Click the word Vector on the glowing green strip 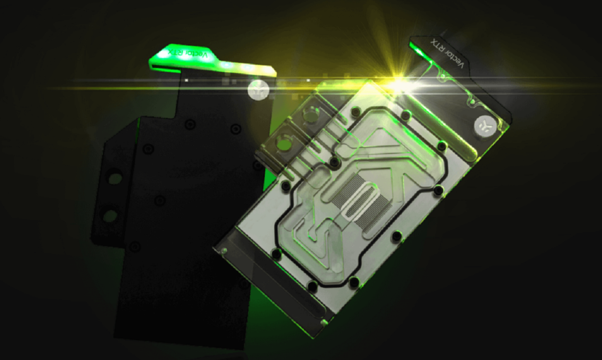pos(198,55)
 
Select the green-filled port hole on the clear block pos(284,144)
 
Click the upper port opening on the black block pos(115,177)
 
